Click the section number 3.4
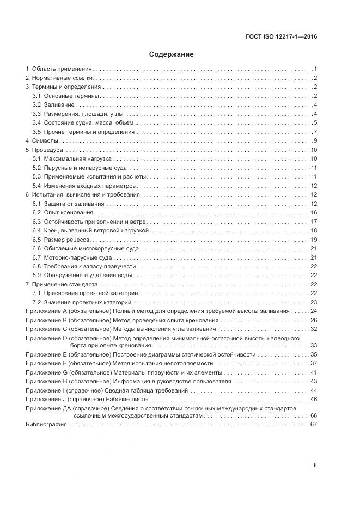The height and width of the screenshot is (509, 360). point(36,122)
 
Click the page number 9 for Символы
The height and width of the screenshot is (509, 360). point(315,140)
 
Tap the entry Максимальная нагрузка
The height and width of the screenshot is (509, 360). point(72,158)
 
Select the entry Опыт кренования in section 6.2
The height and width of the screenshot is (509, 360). point(69,212)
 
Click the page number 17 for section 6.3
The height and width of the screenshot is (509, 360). point(314,221)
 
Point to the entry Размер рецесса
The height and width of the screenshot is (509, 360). point(67,239)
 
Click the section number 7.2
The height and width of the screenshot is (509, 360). point(36,302)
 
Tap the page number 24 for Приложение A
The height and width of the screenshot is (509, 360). point(314,311)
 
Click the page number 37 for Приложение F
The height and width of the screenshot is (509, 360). point(314,363)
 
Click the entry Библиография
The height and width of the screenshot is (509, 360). point(47,424)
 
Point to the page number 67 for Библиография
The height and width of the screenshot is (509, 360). point(314,424)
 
